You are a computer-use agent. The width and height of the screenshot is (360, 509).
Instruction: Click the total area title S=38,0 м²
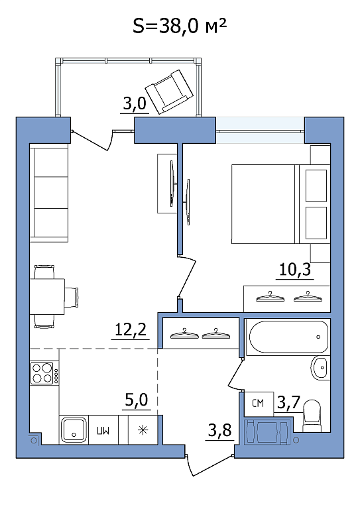click(180, 25)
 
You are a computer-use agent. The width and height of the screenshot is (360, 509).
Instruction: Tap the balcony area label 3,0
click(135, 103)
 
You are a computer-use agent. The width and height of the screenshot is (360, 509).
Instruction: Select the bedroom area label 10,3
click(295, 269)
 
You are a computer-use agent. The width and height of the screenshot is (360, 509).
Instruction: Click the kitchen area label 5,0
click(137, 400)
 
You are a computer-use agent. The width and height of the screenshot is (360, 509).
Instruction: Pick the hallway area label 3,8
click(219, 430)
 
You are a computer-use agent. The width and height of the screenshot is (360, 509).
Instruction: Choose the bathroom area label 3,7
click(288, 402)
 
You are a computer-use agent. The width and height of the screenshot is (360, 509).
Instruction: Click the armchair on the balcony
click(169, 92)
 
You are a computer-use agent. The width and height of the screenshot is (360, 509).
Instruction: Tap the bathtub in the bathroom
click(288, 337)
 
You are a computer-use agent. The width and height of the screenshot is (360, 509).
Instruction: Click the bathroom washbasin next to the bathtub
click(320, 368)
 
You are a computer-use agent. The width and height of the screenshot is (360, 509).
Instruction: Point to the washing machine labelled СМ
click(259, 404)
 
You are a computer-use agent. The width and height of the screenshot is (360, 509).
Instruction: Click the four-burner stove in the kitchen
click(44, 373)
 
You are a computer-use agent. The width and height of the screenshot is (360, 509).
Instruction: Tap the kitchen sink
click(74, 429)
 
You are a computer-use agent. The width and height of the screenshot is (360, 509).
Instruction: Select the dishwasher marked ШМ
click(103, 430)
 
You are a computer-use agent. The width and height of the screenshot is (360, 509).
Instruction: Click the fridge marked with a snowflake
click(143, 430)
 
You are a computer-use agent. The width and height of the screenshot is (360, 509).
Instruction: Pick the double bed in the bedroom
click(281, 204)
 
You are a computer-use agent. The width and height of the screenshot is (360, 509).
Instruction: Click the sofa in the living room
click(49, 193)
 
